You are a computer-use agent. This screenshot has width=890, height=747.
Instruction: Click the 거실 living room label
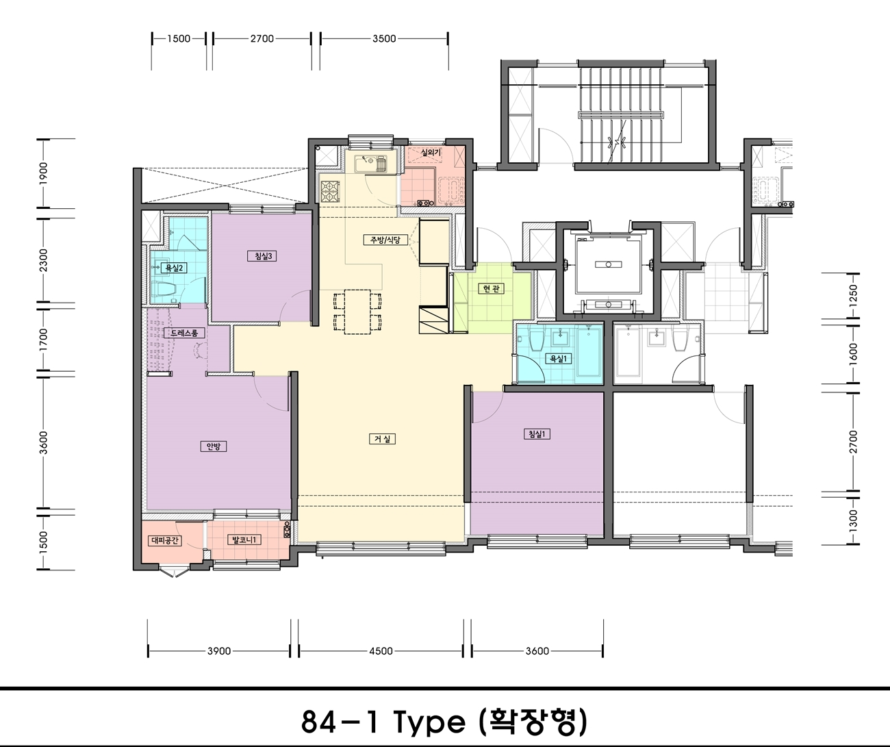[382, 439]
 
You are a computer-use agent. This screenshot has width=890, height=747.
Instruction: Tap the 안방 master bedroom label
[213, 446]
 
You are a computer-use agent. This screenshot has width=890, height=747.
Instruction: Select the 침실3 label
[263, 256]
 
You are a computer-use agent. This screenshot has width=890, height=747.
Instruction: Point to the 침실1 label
[537, 434]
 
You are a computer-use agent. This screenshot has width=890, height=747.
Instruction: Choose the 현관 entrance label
[491, 289]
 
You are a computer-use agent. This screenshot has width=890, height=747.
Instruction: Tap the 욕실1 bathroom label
[559, 359]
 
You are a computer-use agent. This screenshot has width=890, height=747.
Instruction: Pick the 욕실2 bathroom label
[174, 268]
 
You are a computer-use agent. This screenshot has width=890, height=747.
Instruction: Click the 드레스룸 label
[184, 333]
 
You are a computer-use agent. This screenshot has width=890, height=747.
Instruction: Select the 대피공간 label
[165, 541]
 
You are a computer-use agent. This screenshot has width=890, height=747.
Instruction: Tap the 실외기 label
[431, 152]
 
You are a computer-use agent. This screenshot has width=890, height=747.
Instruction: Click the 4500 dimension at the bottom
[381, 651]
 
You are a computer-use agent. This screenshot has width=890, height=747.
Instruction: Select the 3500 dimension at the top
[385, 38]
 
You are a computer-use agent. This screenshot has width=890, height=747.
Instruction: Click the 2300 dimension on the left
[44, 260]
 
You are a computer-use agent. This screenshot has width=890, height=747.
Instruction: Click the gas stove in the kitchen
[329, 192]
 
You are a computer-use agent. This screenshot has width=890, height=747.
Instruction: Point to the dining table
[357, 312]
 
